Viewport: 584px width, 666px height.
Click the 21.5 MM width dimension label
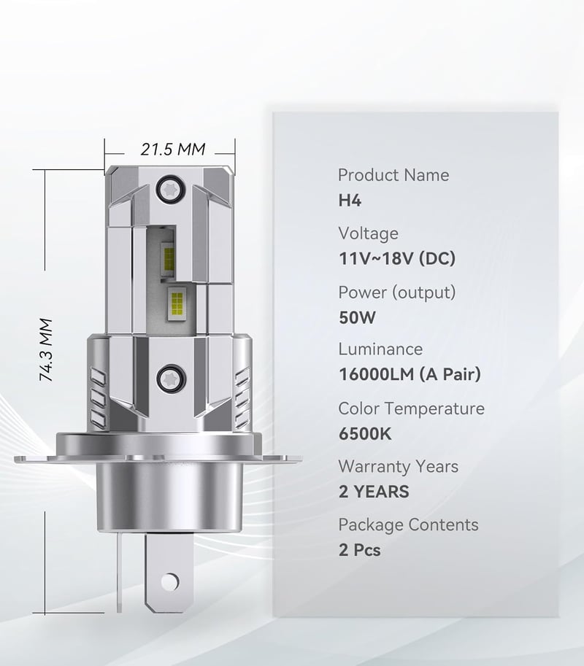173,150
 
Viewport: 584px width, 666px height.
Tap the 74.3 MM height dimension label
46,349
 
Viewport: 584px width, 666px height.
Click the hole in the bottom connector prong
170,581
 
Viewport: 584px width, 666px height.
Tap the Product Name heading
393,175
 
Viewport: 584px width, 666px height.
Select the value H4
350,200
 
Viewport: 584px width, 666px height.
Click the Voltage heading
369,233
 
